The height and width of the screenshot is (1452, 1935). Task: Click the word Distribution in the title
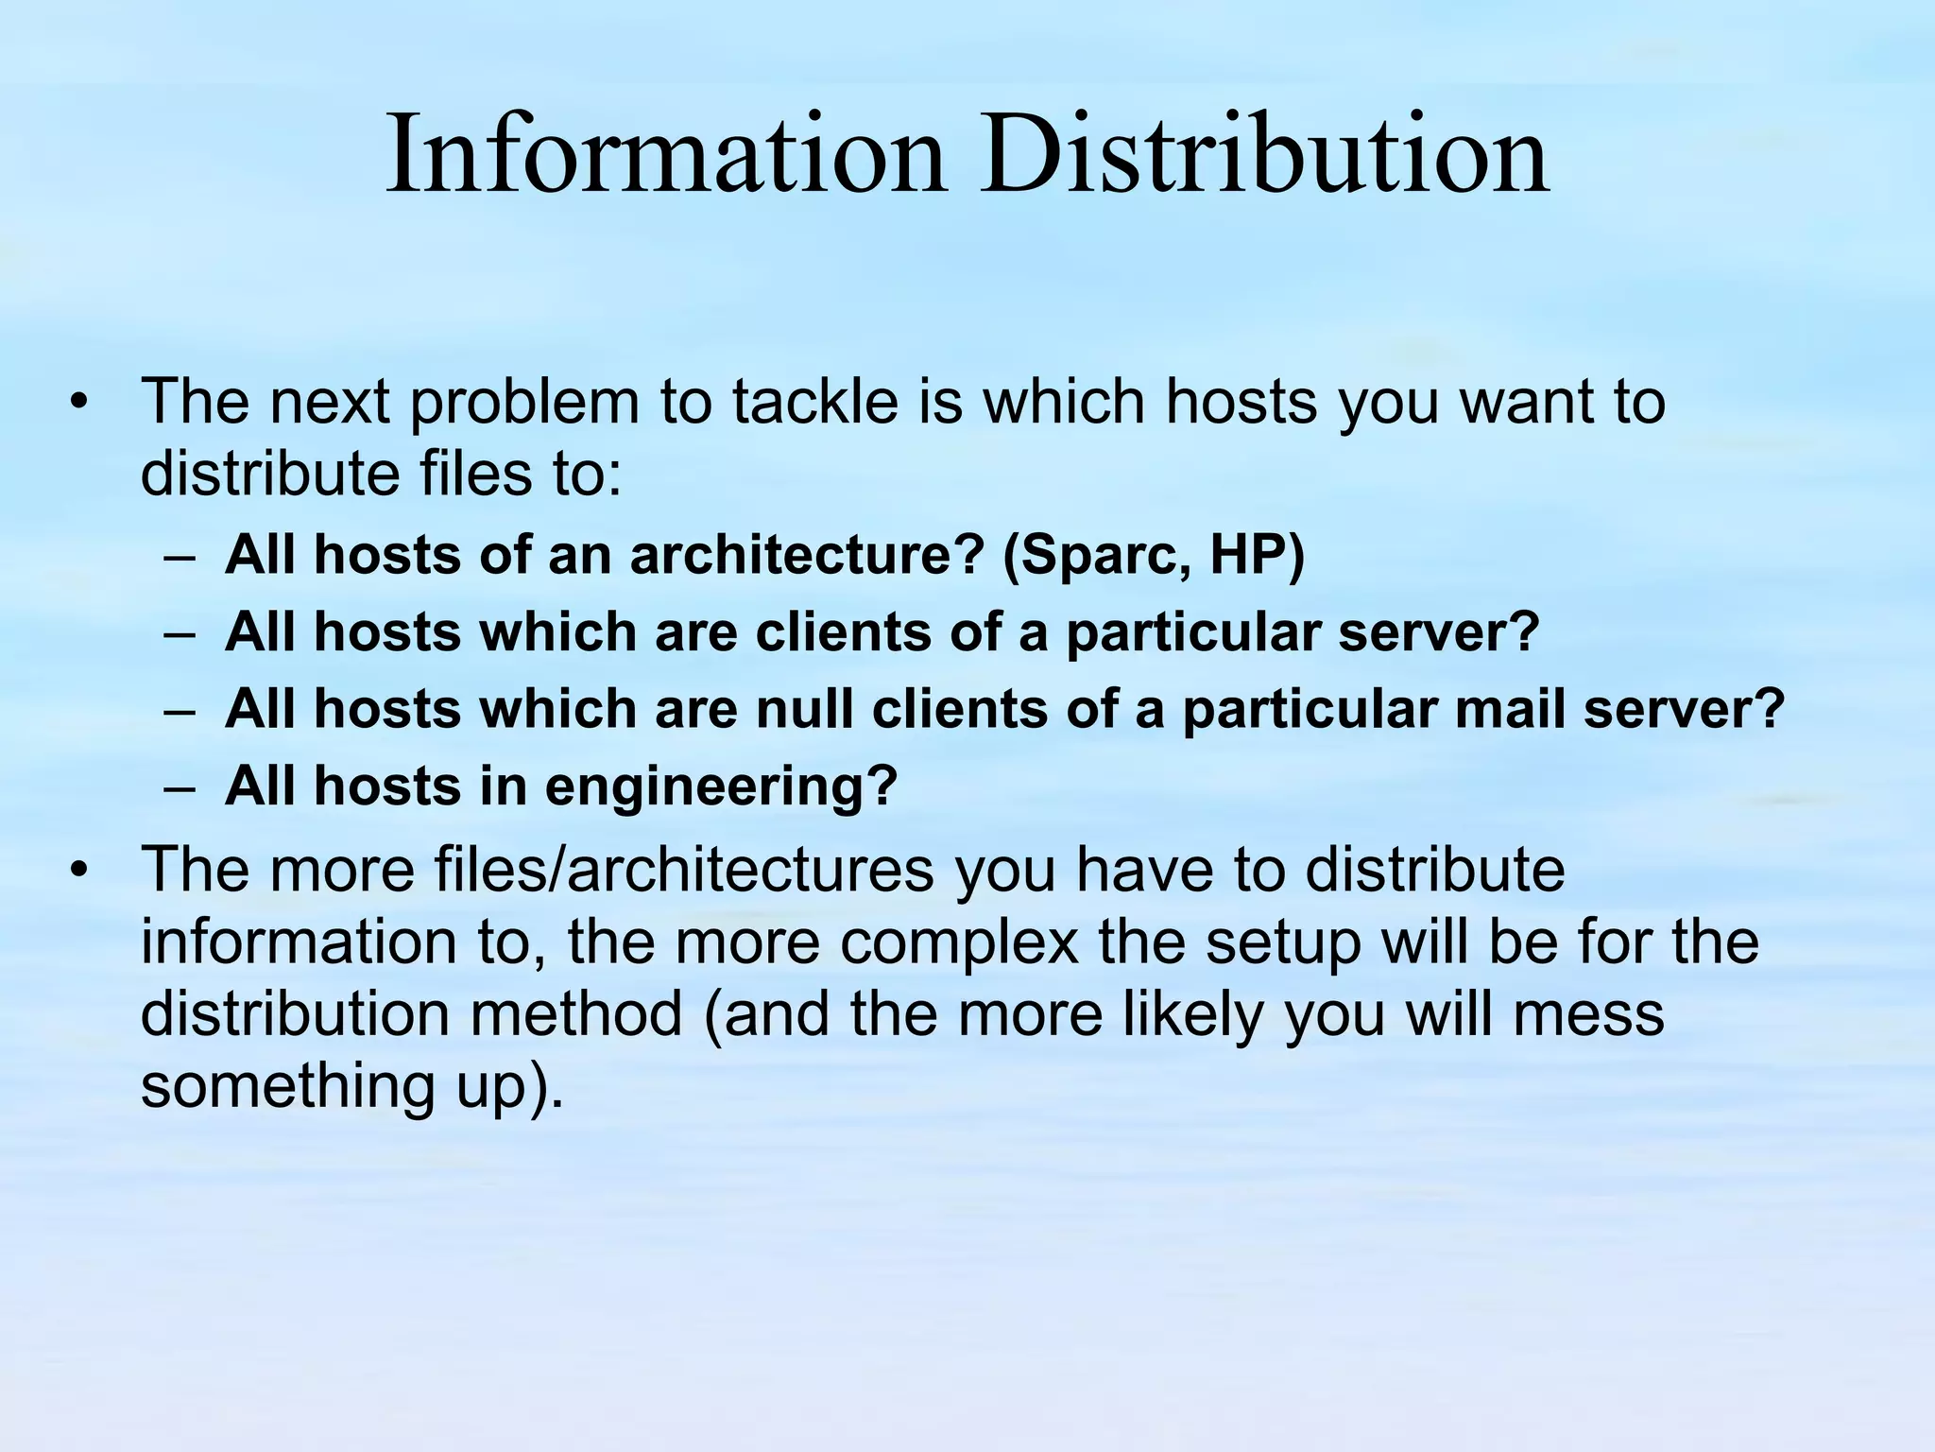coord(1263,153)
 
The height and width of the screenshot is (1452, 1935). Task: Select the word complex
coord(959,942)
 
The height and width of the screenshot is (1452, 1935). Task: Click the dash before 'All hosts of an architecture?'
coord(179,556)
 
